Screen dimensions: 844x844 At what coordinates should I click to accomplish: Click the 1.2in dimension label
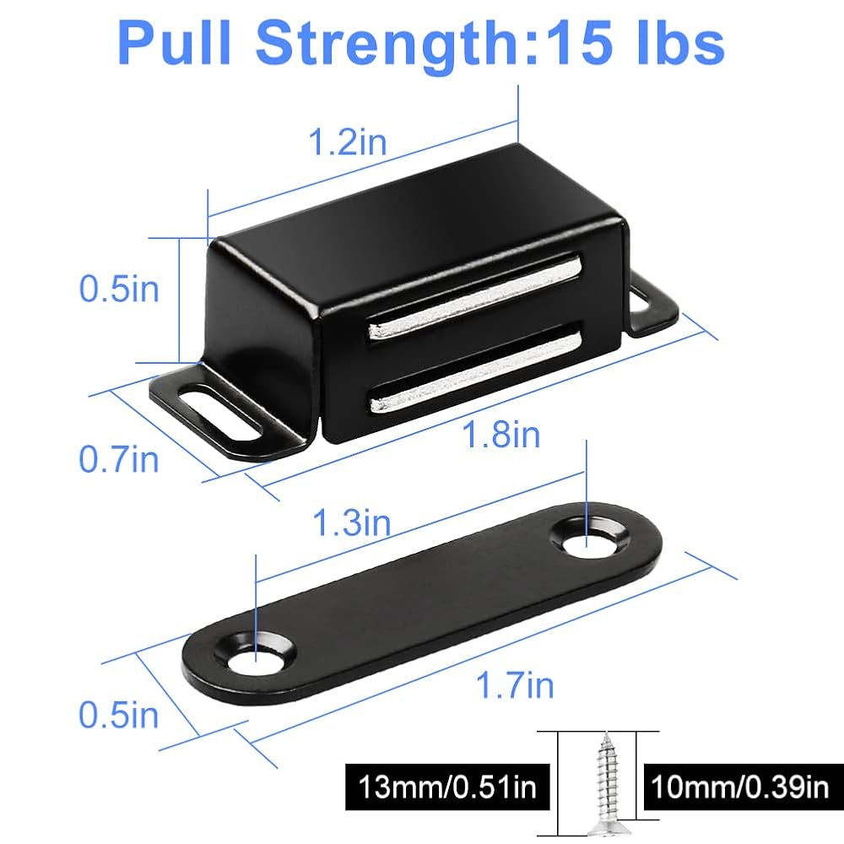point(347,142)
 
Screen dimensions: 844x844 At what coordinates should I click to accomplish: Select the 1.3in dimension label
point(352,523)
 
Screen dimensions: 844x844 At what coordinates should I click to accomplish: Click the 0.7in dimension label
point(119,459)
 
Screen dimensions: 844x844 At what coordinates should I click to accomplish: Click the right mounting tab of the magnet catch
point(653,306)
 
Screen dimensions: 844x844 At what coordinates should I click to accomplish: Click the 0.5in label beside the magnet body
point(119,289)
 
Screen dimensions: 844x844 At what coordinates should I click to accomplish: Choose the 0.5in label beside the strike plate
point(119,716)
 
